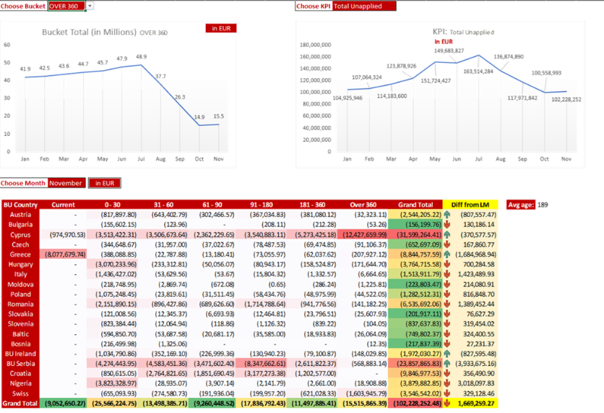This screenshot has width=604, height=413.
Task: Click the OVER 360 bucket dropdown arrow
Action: pos(90,6)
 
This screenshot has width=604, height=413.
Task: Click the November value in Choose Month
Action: pos(66,183)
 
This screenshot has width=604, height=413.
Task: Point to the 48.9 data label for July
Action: pos(141,56)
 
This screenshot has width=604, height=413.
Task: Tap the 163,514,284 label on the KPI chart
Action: pos(478,71)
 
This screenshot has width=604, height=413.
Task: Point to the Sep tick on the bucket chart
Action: pos(179,158)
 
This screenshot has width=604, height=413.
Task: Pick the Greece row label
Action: pos(20,255)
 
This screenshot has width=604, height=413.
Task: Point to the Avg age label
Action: pos(520,205)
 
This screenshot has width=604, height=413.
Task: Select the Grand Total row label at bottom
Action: pos(20,403)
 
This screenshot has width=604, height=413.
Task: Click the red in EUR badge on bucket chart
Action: pos(220,29)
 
